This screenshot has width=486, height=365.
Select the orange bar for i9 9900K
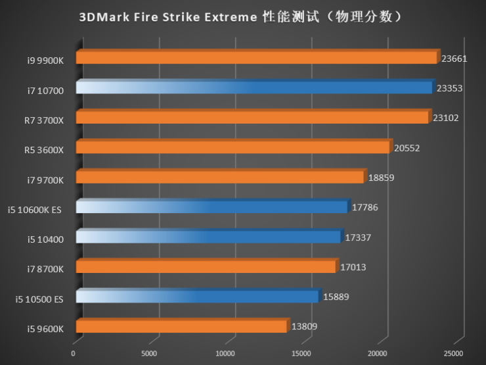pos(256,58)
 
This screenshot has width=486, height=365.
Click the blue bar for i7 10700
pos(254,88)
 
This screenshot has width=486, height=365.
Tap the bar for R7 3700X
pos(252,118)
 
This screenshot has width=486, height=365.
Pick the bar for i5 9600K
pos(181,326)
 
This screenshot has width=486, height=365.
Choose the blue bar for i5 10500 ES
pos(197,297)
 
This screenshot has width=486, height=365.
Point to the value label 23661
pos(454,59)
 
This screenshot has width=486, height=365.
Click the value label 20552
pos(407,148)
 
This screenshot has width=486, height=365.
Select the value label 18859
pos(381,178)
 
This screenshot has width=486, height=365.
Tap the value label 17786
pos(364,207)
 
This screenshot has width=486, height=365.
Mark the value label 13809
pos(304,326)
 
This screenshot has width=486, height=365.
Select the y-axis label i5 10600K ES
pos(35,210)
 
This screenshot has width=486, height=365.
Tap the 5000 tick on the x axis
pos(150,353)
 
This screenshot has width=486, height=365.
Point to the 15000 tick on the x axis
pos(301,353)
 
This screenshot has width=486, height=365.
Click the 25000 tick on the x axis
pos(454,353)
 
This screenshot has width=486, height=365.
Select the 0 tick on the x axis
pos(73,353)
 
